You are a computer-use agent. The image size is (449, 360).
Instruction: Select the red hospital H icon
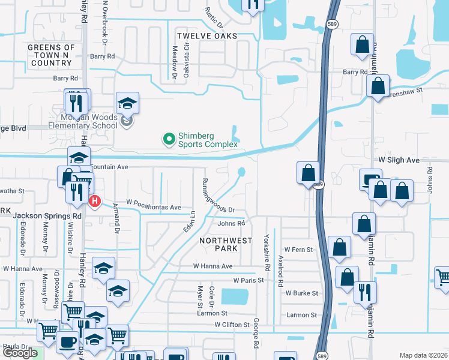94,202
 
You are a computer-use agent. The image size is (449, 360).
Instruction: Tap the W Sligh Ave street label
399,161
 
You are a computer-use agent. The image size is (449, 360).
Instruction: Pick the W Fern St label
299,249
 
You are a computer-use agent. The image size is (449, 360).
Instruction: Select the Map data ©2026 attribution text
424,355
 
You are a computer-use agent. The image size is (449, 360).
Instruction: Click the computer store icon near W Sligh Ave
370,178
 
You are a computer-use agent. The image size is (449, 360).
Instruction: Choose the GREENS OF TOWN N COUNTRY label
52,55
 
